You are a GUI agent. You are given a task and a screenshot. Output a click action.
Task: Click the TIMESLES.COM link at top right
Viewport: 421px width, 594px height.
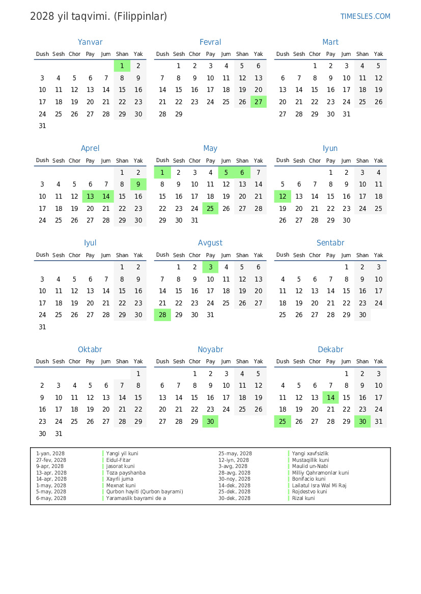(365, 16)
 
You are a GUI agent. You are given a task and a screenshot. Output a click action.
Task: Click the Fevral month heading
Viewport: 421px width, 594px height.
(210, 42)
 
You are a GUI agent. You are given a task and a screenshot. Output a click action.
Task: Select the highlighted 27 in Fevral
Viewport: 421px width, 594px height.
(259, 102)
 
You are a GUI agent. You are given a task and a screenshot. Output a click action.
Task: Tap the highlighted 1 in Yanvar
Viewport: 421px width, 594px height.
(122, 66)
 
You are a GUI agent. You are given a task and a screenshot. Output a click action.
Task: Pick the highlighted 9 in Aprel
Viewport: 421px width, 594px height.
(138, 184)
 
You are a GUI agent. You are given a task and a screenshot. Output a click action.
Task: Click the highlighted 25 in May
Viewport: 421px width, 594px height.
(210, 208)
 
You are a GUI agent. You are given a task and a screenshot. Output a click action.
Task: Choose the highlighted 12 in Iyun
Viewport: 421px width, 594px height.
(283, 197)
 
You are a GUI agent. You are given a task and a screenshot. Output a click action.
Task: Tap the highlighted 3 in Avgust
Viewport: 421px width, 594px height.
(210, 267)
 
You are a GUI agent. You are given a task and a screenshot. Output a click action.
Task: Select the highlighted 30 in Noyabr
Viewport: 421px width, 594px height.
(210, 421)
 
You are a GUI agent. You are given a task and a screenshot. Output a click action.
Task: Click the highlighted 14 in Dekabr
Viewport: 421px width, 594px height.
(331, 398)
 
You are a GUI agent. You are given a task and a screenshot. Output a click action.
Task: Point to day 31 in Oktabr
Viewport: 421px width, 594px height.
(59, 433)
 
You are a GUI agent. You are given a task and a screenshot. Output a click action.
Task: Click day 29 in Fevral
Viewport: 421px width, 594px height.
(178, 114)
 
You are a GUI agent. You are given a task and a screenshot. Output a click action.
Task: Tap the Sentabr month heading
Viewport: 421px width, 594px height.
(330, 243)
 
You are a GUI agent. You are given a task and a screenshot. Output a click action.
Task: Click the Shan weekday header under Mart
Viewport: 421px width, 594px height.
(362, 54)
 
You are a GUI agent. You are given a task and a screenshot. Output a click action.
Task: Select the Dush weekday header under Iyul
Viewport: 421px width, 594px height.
(42, 255)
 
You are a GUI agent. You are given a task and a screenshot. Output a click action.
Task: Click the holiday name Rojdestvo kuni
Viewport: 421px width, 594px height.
(310, 492)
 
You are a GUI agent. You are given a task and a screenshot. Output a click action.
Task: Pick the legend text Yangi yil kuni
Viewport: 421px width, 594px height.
(122, 453)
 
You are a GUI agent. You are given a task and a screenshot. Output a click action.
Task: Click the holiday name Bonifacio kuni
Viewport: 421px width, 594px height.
(308, 479)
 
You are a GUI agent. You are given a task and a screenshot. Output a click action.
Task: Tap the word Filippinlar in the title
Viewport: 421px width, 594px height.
(141, 16)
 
